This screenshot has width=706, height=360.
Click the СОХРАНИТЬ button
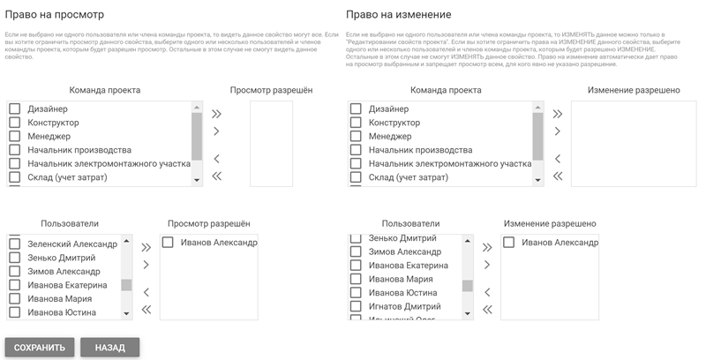pos(40,348)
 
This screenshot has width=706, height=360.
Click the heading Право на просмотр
pos(55,15)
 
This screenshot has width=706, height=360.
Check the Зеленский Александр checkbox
pos(14,244)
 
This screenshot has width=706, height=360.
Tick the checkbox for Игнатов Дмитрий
pos(357,306)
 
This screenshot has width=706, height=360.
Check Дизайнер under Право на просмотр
pos(14,109)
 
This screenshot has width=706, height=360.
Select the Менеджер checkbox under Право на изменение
pos(357,137)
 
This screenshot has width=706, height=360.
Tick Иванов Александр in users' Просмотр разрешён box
pos(168,243)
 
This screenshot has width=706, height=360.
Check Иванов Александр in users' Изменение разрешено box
pos(508,243)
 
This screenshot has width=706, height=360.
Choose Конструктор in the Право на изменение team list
pos(357,123)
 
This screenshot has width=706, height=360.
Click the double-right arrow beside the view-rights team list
pos(217,114)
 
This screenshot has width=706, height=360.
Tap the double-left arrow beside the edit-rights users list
pos(487,309)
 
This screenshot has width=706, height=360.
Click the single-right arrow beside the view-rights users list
pos(146,265)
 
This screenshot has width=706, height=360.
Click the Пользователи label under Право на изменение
pos(411,224)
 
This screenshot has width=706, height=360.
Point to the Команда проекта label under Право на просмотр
pos(105,90)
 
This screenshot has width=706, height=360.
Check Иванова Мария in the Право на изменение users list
pos(357,279)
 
